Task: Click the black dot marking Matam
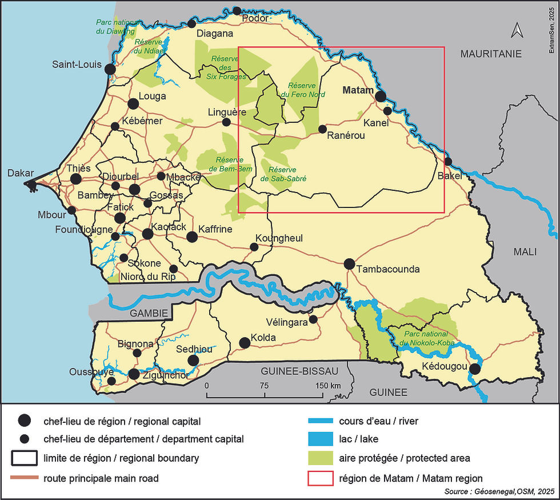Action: [381, 97]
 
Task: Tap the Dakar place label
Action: [20, 174]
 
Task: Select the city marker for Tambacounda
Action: [349, 264]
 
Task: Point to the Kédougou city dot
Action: [474, 369]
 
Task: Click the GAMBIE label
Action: [149, 313]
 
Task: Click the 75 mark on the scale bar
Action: [264, 385]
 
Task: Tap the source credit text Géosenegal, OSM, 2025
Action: [499, 491]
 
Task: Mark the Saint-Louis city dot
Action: [110, 69]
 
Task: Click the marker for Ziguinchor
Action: [134, 374]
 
